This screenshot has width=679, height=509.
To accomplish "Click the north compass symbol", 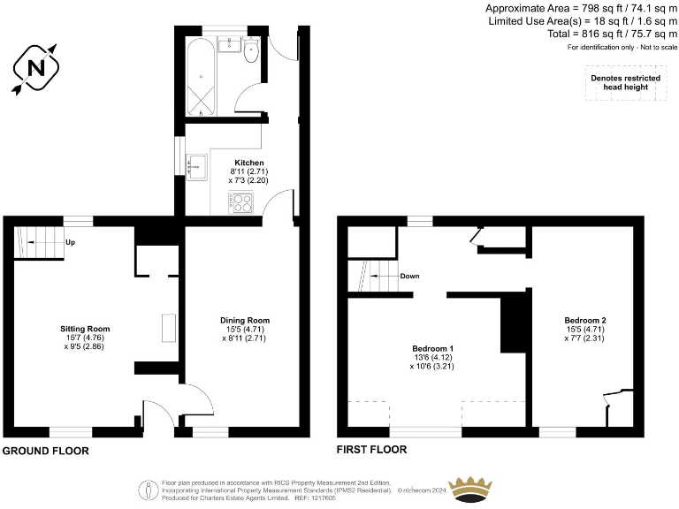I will (x=36, y=68).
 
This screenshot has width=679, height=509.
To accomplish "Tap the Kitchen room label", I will (x=248, y=163).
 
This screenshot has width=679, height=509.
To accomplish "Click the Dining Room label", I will (x=244, y=320).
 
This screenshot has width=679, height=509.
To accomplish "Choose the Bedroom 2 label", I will (x=584, y=320).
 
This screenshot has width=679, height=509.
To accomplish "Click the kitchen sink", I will (x=195, y=163).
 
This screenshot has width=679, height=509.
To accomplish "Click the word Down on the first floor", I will (x=409, y=276).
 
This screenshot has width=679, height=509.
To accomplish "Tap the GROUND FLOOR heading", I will (x=45, y=451).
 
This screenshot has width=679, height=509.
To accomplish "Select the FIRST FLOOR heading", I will (x=371, y=450).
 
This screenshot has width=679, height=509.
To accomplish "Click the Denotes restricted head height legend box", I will (x=625, y=83).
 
